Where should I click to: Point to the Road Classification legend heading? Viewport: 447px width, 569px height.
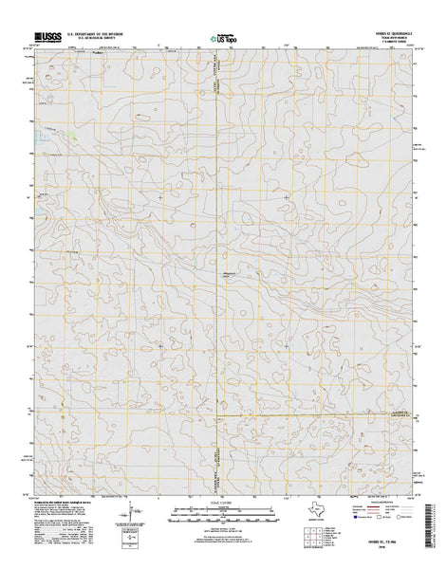point(394,503)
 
